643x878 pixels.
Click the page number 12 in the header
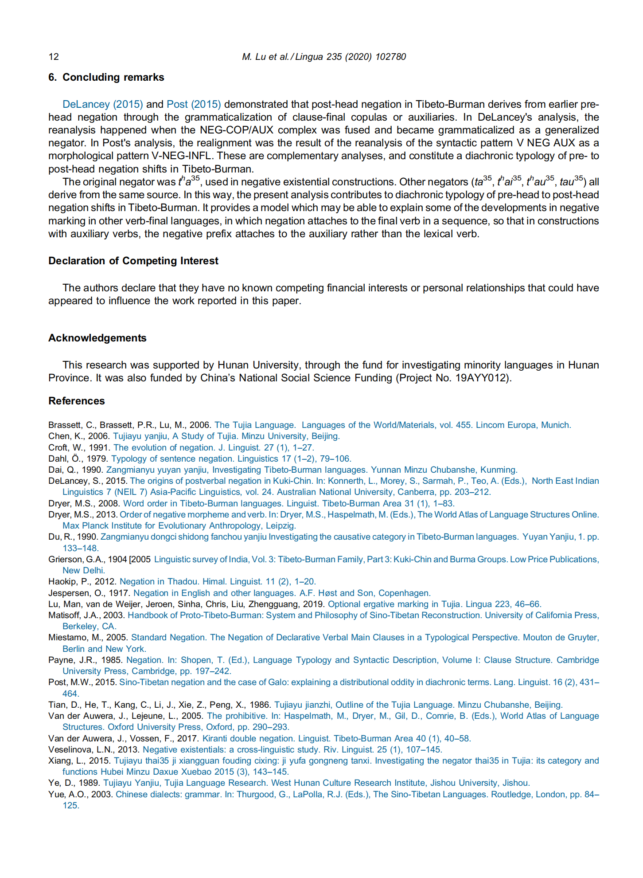(x=54, y=57)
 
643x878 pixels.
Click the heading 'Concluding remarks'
(x=113, y=77)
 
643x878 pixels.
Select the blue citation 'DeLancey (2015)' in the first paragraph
(x=102, y=104)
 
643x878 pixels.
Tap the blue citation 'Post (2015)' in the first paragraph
(x=194, y=104)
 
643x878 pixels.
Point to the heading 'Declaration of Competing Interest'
(x=133, y=261)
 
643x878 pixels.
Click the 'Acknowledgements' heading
(x=97, y=338)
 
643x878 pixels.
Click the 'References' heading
(x=77, y=401)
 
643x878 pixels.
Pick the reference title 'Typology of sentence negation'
(x=172, y=459)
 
